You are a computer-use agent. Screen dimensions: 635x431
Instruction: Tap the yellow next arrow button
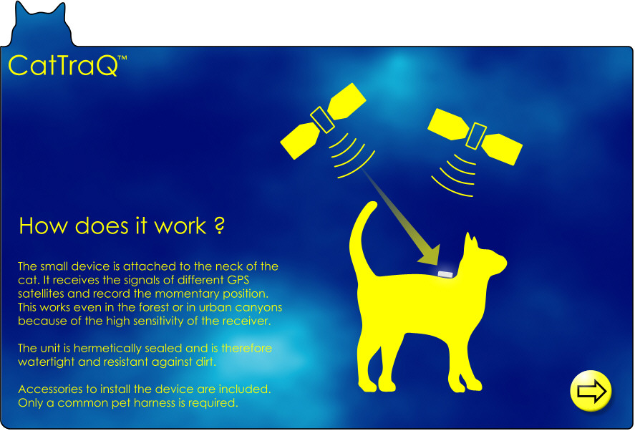pyautogui.click(x=591, y=390)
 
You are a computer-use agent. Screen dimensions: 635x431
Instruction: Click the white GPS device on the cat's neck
pyautogui.click(x=445, y=274)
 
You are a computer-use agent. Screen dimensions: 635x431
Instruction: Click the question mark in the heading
pyautogui.click(x=219, y=226)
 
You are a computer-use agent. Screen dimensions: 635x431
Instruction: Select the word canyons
pyautogui.click(x=258, y=308)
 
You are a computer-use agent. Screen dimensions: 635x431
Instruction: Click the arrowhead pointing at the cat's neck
pyautogui.click(x=430, y=255)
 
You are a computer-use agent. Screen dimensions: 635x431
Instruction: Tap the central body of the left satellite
pyautogui.click(x=322, y=120)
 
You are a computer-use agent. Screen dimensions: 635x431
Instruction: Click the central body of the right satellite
pyautogui.click(x=476, y=136)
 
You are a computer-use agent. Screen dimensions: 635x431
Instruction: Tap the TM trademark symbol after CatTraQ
pyautogui.click(x=122, y=58)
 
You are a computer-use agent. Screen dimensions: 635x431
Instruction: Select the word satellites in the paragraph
pyautogui.click(x=42, y=294)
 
